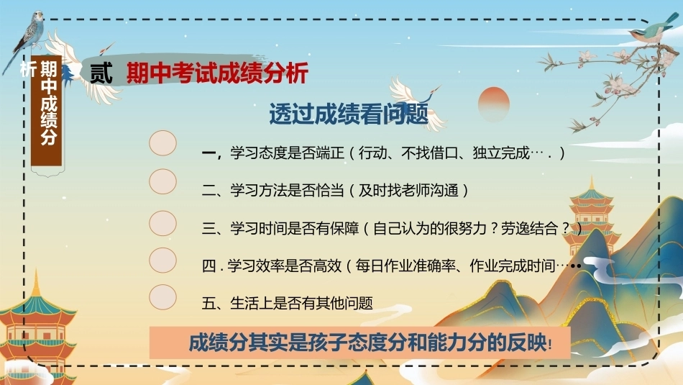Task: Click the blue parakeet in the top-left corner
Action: coord(27,37)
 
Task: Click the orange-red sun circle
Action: coord(493,104)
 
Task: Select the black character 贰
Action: coord(101,73)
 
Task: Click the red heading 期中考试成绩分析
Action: coord(217,73)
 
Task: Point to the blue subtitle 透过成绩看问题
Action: coord(349,114)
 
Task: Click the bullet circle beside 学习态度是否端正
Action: coord(162,143)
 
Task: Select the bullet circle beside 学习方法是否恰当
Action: coord(162,181)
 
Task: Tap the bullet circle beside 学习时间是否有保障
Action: coord(162,223)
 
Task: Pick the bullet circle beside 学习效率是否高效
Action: coord(162,261)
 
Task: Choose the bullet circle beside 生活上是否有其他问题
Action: coord(162,297)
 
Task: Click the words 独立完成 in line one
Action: coord(501,153)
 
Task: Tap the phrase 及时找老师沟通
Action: coord(408,191)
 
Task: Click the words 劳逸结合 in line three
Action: coord(529,228)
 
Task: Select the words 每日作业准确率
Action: coord(405,266)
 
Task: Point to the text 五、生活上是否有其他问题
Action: coord(287,303)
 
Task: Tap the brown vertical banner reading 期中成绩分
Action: coord(47,112)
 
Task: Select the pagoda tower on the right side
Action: coord(591,218)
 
